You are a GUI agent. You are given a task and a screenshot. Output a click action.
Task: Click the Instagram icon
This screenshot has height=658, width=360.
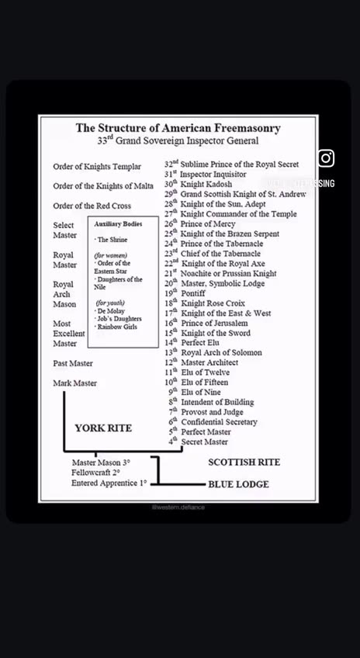(326, 158)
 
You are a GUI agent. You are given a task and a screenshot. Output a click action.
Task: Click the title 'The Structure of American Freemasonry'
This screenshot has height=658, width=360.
(178, 128)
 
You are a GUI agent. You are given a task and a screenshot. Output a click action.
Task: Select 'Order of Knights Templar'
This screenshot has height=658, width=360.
(97, 167)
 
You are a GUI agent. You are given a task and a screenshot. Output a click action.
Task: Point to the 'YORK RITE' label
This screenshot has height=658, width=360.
(103, 428)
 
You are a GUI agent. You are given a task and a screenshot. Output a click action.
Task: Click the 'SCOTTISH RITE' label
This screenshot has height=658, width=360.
(244, 462)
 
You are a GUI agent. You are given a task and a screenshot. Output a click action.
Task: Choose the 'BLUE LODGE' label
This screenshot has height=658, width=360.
(238, 484)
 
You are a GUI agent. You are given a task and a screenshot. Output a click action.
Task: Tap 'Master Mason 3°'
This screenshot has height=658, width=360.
(101, 462)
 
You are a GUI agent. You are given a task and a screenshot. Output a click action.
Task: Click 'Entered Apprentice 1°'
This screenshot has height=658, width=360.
(109, 483)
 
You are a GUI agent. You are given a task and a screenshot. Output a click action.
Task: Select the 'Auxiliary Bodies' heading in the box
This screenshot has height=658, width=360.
(118, 223)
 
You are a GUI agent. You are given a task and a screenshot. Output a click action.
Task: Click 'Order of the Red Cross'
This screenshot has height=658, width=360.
(92, 206)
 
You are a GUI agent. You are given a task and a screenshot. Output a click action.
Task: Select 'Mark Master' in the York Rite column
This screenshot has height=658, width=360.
(75, 383)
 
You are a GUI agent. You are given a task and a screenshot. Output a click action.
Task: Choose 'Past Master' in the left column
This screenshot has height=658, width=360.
(73, 363)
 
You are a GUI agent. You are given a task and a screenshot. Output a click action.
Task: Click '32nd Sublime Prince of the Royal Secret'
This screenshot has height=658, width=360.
(231, 164)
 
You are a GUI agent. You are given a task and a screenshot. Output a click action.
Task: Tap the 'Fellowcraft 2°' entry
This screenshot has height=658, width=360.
(95, 473)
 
